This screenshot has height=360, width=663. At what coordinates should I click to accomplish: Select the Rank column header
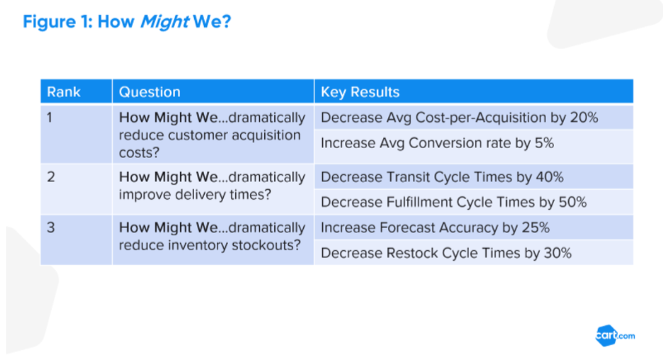coord(64,92)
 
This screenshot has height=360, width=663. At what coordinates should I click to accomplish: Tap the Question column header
coord(149,92)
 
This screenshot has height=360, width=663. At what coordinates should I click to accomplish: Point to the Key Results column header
coord(360,92)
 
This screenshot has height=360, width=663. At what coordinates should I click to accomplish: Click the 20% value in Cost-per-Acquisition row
coord(584,117)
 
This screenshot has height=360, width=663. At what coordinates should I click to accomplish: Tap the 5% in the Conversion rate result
coord(544,143)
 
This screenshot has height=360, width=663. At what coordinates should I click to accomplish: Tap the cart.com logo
coord(615,335)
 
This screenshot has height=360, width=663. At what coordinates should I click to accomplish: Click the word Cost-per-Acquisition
coord(481,118)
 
